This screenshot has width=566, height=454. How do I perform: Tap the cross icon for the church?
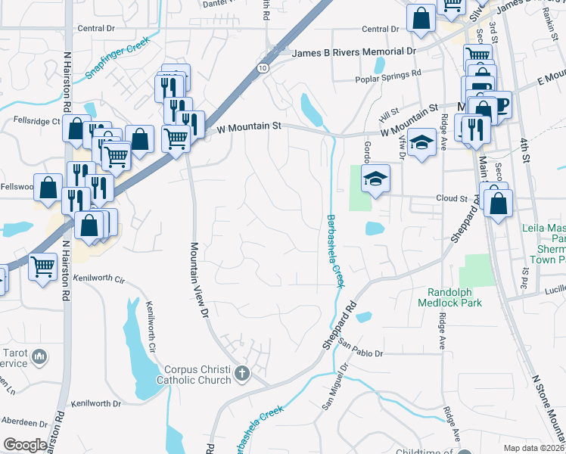(241, 373)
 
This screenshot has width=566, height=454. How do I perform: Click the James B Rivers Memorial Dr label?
(354, 52)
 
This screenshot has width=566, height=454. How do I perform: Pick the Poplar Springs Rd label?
(388, 76)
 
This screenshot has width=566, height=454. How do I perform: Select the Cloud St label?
(452, 197)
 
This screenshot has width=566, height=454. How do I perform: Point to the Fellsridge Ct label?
(36, 121)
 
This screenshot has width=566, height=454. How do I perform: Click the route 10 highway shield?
(262, 67)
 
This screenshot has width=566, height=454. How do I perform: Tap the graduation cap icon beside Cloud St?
(375, 179)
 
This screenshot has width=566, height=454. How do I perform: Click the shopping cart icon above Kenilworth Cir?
(43, 266)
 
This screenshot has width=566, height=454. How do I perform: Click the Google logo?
(25, 445)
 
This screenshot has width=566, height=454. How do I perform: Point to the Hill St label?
(390, 113)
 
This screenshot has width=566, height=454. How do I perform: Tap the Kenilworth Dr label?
(95, 403)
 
